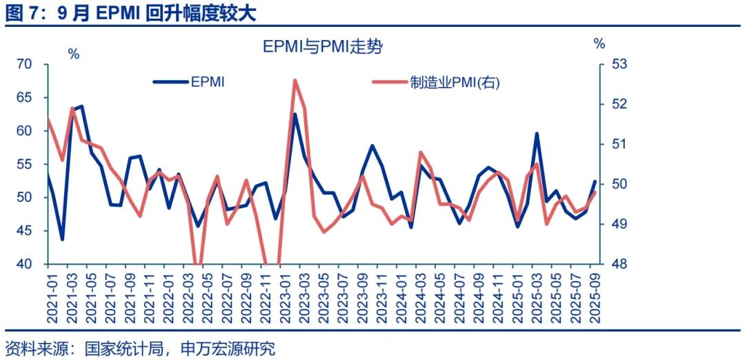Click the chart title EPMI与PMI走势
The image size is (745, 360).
pyautogui.click(x=323, y=47)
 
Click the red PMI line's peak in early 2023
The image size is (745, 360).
pyautogui.click(x=295, y=80)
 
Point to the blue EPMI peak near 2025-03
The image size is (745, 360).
pyautogui.click(x=536, y=134)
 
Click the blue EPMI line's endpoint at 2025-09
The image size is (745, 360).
pyautogui.click(x=595, y=181)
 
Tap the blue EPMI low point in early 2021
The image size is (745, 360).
pyautogui.click(x=62, y=239)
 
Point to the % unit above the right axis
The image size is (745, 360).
pyautogui.click(x=599, y=44)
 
